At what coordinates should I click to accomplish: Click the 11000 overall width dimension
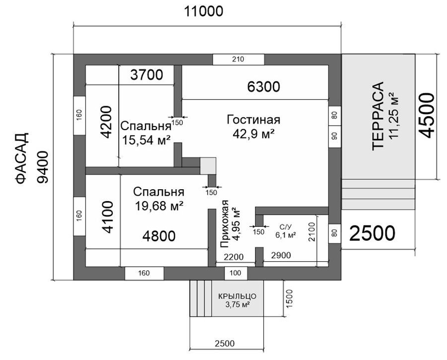204,12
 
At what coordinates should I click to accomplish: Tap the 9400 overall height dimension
43,167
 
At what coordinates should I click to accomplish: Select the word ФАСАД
21,158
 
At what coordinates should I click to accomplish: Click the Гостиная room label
253,120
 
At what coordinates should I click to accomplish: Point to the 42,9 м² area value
254,134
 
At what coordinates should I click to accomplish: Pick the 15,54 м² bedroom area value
146,140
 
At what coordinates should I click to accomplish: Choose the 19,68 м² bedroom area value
159,206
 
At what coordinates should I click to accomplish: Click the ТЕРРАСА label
378,115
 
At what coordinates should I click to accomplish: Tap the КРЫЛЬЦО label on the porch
237,296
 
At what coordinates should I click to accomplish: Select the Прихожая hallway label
224,223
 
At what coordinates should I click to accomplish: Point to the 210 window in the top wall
238,59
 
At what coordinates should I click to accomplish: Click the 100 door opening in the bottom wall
235,273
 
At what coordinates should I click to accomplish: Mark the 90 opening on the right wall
335,136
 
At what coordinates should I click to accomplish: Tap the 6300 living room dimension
263,87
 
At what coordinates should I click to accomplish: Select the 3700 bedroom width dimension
147,74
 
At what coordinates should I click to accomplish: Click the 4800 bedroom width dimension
159,236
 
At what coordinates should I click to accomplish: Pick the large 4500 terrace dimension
427,115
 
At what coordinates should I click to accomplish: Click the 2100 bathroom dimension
312,232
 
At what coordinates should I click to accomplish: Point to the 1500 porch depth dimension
289,298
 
